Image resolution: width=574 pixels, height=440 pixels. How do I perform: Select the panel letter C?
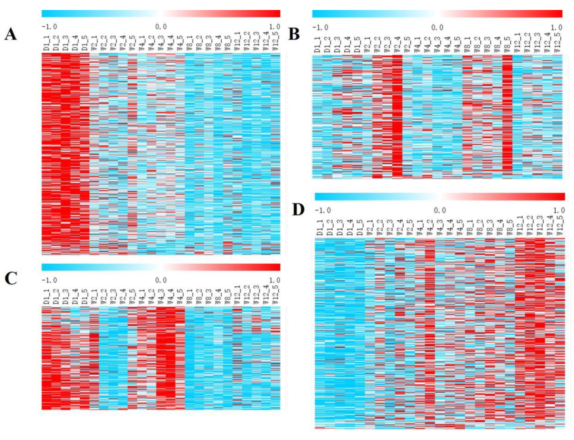click(x=11, y=278)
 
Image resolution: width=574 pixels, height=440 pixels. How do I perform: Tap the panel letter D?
click(x=298, y=210)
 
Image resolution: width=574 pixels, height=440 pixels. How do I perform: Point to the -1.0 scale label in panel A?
click(x=49, y=27)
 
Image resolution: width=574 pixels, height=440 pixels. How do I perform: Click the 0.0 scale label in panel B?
click(x=437, y=28)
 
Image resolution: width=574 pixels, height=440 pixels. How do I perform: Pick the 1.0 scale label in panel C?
click(x=274, y=280)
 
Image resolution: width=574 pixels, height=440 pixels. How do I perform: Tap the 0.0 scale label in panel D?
click(x=440, y=210)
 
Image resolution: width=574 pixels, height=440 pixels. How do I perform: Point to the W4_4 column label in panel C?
click(x=171, y=297)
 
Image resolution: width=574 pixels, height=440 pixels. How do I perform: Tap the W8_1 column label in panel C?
click(x=190, y=297)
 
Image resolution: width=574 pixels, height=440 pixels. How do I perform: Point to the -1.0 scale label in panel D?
click(x=323, y=210)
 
